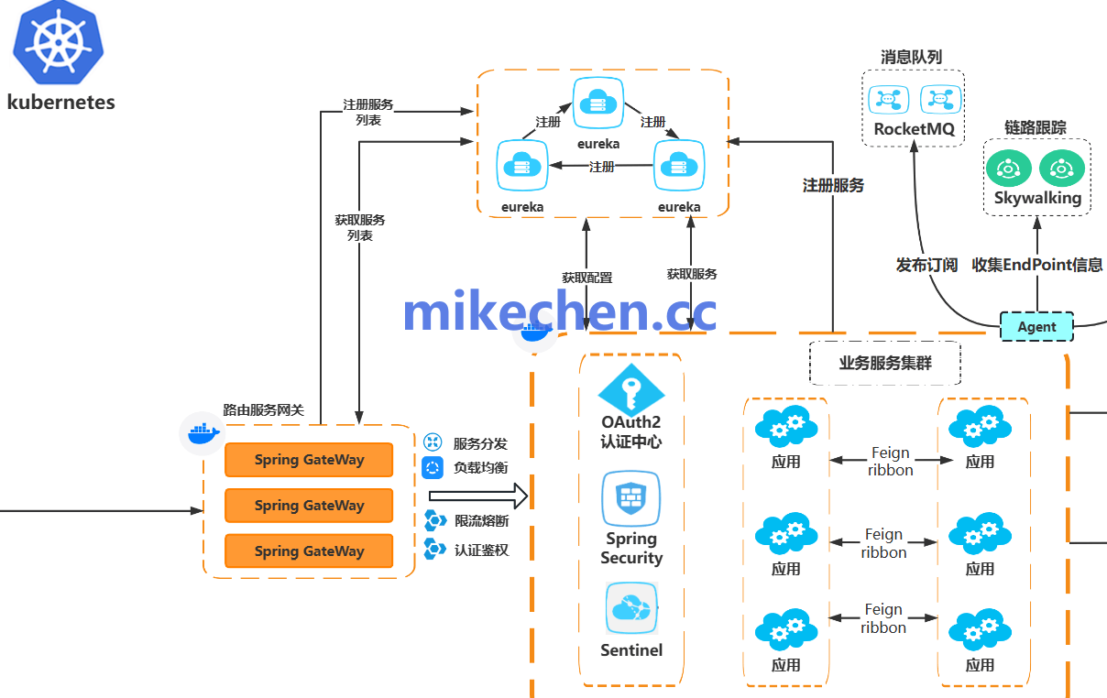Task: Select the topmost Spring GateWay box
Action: coord(309,460)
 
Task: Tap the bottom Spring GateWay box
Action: coord(309,551)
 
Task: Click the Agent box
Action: coord(1036,327)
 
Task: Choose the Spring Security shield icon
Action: coord(631,498)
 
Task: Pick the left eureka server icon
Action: coord(522,166)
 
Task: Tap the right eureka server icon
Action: coord(679,166)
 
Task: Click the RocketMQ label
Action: coord(914,129)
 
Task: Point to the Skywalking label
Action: coord(1037,198)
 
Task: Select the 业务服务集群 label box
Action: coord(885,363)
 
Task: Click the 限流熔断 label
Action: coord(481,521)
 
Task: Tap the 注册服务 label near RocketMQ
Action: coord(833,186)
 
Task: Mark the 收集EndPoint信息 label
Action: coord(1037,265)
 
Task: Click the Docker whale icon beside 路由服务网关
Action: coord(203,432)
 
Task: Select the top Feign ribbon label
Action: coord(891,461)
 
